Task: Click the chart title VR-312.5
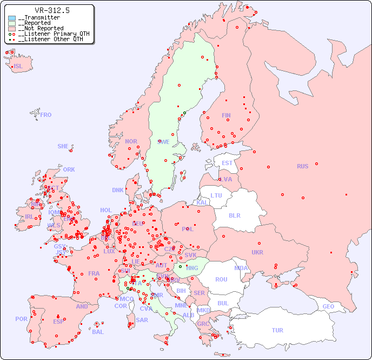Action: (x=52, y=10)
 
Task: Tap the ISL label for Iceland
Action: (x=18, y=67)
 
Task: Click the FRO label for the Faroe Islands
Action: (x=46, y=115)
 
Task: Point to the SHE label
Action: (x=63, y=146)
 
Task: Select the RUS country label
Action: (x=302, y=166)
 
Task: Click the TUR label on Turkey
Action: (x=277, y=330)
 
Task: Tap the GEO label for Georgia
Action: (x=328, y=306)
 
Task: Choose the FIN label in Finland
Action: (x=226, y=115)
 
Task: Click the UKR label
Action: (x=257, y=252)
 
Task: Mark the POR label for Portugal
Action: (x=21, y=319)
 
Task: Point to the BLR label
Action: (x=234, y=215)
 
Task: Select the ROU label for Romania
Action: (x=221, y=279)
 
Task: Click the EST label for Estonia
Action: (x=227, y=163)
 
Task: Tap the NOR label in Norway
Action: (x=131, y=141)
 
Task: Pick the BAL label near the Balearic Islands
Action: (x=98, y=332)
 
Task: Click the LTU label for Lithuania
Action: (x=216, y=195)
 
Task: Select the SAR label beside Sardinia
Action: (x=142, y=320)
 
